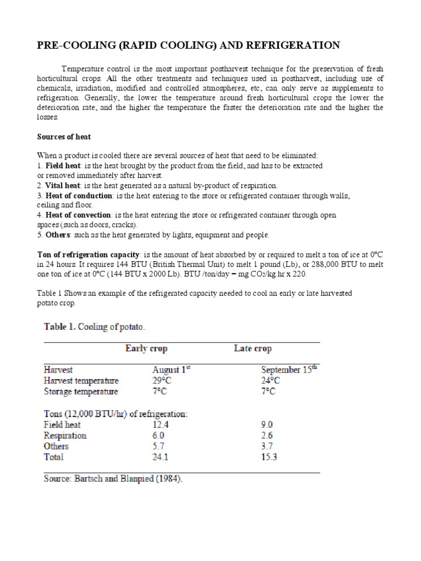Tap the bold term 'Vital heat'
pyautogui.click(x=63, y=186)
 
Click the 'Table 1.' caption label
pyautogui.click(x=60, y=327)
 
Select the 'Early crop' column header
pyautogui.click(x=146, y=348)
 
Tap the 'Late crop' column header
pyautogui.click(x=252, y=348)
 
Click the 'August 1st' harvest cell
pyautogui.click(x=171, y=370)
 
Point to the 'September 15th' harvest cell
pyautogui.click(x=289, y=370)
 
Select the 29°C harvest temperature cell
pyautogui.click(x=162, y=381)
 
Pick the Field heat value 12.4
pyautogui.click(x=162, y=425)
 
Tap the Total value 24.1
pyautogui.click(x=162, y=457)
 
